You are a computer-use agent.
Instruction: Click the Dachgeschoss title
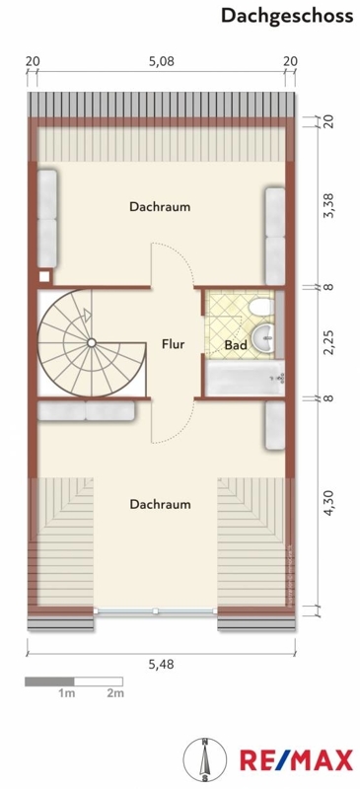[x=286, y=16]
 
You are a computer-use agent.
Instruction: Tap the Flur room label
[x=173, y=344]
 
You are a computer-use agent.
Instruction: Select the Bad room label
[x=236, y=345]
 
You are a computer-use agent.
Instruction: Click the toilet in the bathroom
[x=262, y=306]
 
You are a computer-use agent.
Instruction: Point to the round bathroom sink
[x=265, y=335]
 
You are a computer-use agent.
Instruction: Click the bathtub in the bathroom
[x=245, y=378]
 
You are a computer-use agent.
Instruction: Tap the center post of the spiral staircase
[x=91, y=342]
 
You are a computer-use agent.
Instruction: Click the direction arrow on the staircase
[x=88, y=315]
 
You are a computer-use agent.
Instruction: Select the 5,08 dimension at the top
[x=161, y=61]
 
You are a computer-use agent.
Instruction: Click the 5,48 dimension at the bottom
[x=161, y=664]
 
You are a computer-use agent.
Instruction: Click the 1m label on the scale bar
[x=66, y=693]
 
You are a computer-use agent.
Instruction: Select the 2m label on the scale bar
[x=115, y=693]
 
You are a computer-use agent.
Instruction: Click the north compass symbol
[x=205, y=759]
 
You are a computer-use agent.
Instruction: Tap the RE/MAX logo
[x=297, y=759]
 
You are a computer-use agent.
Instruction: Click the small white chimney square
[x=44, y=276]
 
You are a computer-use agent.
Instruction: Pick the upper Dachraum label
[x=160, y=206]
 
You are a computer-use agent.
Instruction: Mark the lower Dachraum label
[x=160, y=504]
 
